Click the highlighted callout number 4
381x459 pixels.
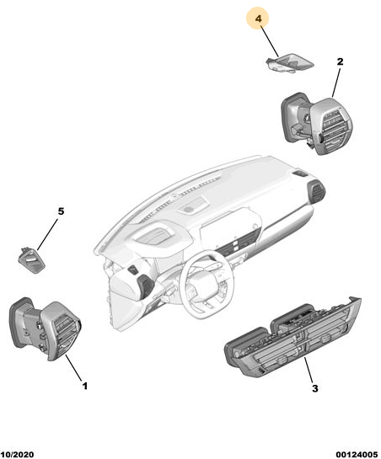coord(258,19)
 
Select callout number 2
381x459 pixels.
coord(340,61)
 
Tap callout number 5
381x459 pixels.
coord(61,211)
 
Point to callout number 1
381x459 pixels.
coord(84,386)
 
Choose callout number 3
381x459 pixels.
coord(314,388)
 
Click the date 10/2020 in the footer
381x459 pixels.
coord(18,454)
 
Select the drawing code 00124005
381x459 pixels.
coord(357,454)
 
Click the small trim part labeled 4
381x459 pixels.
coord(289,63)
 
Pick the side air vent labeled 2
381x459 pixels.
coord(317,124)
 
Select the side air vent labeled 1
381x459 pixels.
coord(46,328)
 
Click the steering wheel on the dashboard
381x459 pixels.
coord(205,284)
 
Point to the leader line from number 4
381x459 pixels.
coord(270,41)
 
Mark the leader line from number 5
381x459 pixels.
coord(47,234)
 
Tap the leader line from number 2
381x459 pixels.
coord(335,83)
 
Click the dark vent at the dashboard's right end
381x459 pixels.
coord(316,191)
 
